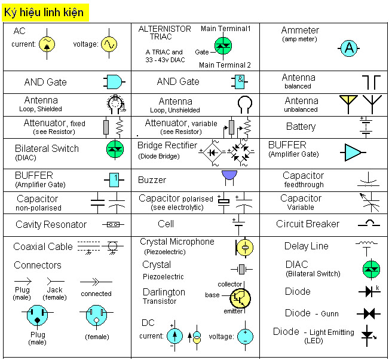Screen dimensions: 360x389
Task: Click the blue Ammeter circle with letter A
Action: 350,50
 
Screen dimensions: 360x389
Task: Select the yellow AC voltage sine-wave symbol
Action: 109,44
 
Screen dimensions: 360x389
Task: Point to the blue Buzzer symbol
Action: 229,175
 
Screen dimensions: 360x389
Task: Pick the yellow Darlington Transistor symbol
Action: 240,297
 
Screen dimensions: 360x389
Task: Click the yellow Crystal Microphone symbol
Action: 244,246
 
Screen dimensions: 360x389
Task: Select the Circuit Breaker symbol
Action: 369,224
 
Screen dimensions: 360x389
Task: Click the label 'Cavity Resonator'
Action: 51,225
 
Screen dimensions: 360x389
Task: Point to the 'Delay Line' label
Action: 306,246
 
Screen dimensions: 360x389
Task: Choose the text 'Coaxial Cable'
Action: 43,246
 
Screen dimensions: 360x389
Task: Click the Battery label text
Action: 301,127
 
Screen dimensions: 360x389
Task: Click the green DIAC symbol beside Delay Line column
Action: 371,269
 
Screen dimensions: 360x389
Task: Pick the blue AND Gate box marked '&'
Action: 240,81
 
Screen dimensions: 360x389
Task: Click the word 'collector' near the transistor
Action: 230,284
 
